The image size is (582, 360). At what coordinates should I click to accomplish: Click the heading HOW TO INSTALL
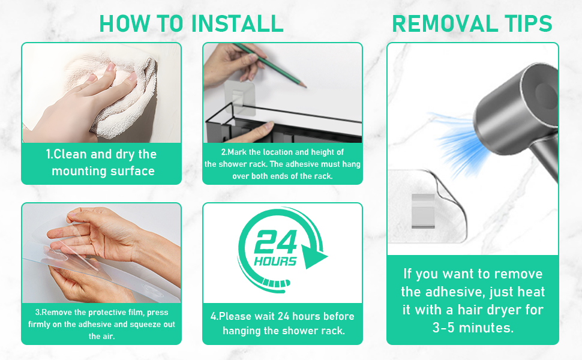point(191,23)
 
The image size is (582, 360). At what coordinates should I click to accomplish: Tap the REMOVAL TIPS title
point(472,23)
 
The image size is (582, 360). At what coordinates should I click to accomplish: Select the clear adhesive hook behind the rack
point(239,98)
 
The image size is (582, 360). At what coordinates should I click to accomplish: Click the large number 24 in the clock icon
point(276,242)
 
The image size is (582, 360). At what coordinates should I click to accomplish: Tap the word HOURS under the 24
point(275,261)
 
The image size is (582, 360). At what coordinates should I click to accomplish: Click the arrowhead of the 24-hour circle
point(313,256)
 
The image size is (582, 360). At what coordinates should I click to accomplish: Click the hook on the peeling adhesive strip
point(423,211)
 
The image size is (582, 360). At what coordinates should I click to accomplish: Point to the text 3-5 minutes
point(473,328)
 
